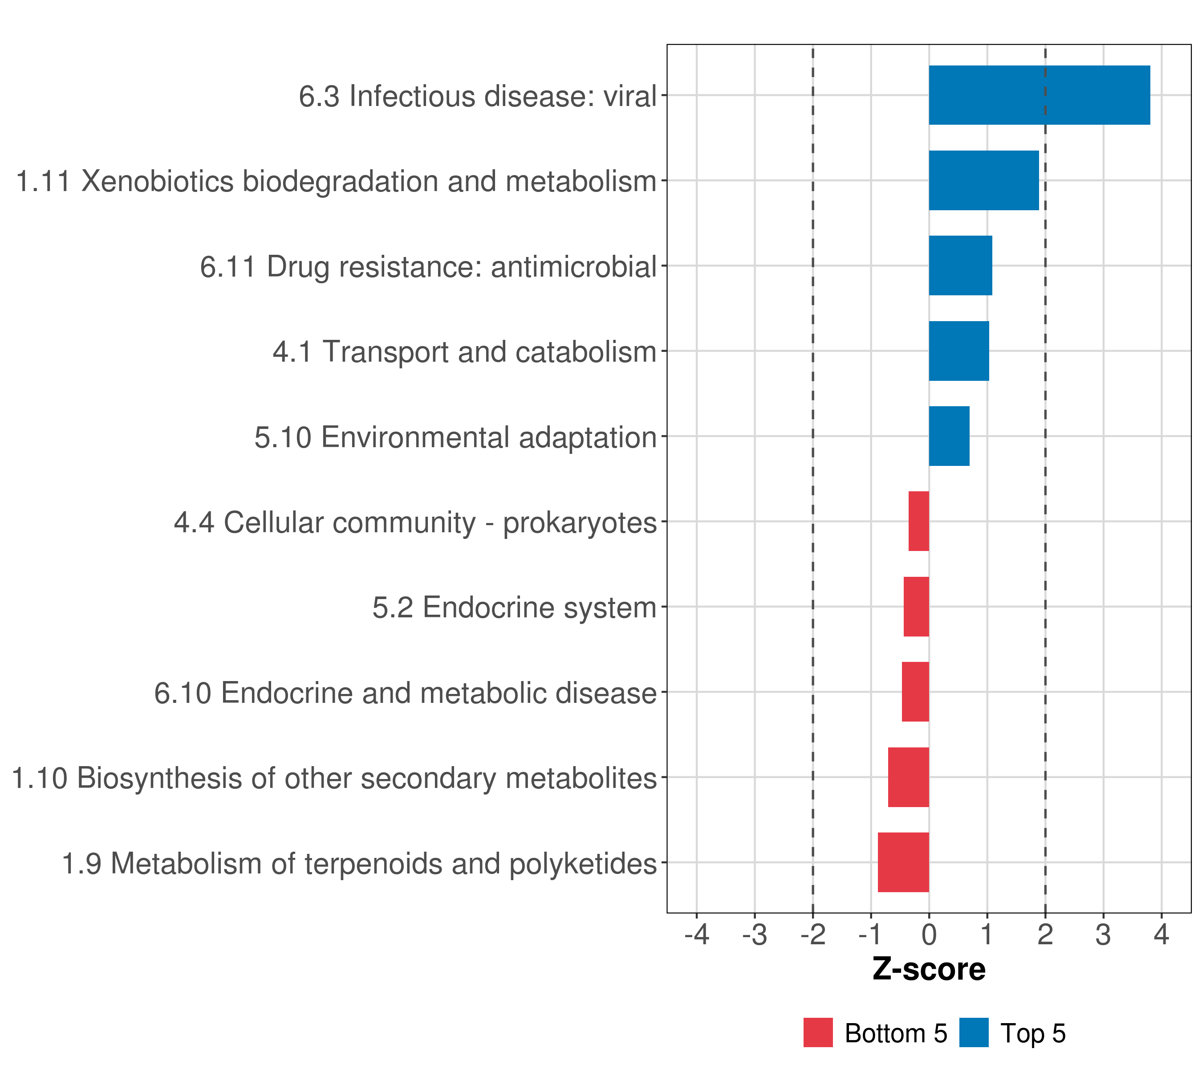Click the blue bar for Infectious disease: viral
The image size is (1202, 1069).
tap(1039, 95)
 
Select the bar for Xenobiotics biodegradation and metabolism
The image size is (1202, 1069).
tap(983, 181)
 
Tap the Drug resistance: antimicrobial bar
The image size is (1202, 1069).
tap(960, 266)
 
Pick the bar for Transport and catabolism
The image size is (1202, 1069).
tap(958, 351)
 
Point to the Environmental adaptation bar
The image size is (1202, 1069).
tap(949, 437)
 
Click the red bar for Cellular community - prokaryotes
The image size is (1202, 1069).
tap(918, 521)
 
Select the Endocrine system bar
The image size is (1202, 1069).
tap(916, 607)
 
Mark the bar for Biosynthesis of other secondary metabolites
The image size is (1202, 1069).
tap(908, 777)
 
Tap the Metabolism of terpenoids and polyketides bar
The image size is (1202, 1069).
tap(903, 862)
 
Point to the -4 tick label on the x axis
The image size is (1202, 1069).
tap(697, 935)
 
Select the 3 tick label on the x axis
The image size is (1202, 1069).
tap(1103, 935)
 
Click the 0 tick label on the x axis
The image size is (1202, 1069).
tap(929, 935)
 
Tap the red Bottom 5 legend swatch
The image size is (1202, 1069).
tap(818, 1033)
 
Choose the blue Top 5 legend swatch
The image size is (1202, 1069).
tap(974, 1033)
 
